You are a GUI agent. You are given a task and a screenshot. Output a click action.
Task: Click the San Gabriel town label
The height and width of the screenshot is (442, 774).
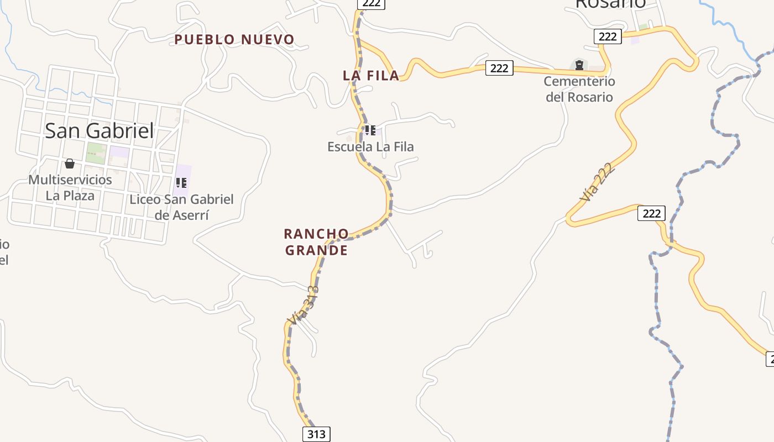point(100,131)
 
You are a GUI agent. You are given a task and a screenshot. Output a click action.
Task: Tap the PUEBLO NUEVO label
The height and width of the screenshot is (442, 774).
point(234,40)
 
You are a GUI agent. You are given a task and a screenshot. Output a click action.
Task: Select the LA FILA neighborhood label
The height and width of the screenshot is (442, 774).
point(371,76)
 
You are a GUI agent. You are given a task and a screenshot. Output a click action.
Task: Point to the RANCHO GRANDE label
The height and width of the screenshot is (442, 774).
point(316,242)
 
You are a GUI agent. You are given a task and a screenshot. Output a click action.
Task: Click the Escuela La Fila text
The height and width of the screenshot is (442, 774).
point(370,147)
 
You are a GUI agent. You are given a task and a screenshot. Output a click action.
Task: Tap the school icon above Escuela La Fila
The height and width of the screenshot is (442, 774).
point(370,130)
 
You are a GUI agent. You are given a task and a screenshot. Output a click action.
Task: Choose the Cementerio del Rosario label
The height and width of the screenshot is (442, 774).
point(579,89)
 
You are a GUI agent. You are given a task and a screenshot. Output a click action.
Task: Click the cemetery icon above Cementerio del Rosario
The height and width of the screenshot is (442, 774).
point(579,65)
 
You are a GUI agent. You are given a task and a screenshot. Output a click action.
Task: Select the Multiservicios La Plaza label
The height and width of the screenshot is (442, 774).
point(70,187)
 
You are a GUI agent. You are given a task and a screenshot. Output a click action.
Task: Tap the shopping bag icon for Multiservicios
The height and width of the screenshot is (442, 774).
point(70,164)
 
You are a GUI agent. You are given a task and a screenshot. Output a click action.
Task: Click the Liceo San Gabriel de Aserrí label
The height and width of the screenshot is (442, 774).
point(181,207)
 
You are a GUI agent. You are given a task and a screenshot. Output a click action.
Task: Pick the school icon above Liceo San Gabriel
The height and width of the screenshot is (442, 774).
point(181,182)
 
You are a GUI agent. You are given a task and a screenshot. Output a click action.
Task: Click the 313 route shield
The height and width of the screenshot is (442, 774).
point(316,434)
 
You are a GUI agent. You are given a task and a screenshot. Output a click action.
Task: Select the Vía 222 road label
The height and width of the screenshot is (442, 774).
point(597,182)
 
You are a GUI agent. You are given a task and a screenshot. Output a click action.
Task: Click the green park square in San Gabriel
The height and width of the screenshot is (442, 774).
point(96,152)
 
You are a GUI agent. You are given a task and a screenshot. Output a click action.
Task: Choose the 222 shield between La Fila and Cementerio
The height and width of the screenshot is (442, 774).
point(499,68)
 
